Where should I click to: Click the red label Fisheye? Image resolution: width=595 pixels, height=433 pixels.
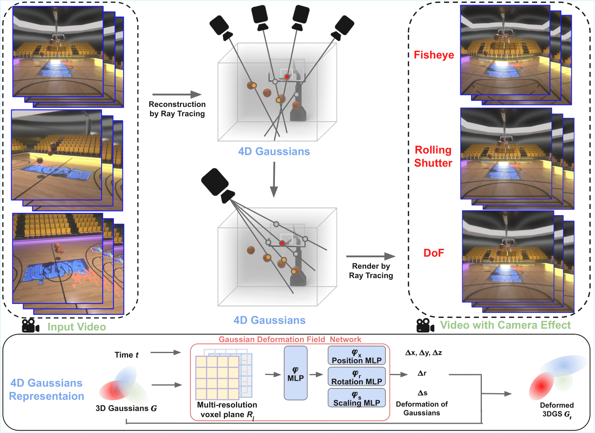point(434,55)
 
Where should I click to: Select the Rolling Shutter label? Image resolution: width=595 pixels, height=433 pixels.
point(433,156)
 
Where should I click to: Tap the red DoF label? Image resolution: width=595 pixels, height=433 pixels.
point(434,253)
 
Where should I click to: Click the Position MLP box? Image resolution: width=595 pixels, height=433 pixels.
point(356,356)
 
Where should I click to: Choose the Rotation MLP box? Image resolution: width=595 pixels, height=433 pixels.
point(356,377)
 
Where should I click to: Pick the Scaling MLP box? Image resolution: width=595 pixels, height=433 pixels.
point(356,398)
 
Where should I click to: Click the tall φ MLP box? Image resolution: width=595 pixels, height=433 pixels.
point(295,373)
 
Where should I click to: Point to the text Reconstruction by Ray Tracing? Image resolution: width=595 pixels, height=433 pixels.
point(177,109)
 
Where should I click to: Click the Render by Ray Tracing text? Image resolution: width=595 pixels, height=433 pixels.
point(371,271)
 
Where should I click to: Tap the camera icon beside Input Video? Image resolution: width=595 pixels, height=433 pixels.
point(31,326)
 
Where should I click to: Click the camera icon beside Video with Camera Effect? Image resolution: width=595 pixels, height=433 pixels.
point(425,325)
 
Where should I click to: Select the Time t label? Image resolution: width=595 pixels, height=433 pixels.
point(126,355)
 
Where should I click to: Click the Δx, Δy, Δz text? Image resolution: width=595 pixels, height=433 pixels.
point(424,353)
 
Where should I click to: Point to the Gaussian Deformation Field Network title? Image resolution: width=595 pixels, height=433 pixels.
point(290,340)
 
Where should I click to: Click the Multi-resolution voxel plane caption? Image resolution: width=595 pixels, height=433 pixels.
point(227,410)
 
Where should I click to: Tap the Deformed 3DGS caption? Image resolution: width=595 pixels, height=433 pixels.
point(557,410)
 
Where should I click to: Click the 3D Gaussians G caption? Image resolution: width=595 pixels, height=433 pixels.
point(126,408)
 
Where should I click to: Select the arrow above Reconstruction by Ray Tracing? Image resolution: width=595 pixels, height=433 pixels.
point(177,94)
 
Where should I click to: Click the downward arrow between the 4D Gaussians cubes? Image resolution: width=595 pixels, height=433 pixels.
point(274,179)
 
